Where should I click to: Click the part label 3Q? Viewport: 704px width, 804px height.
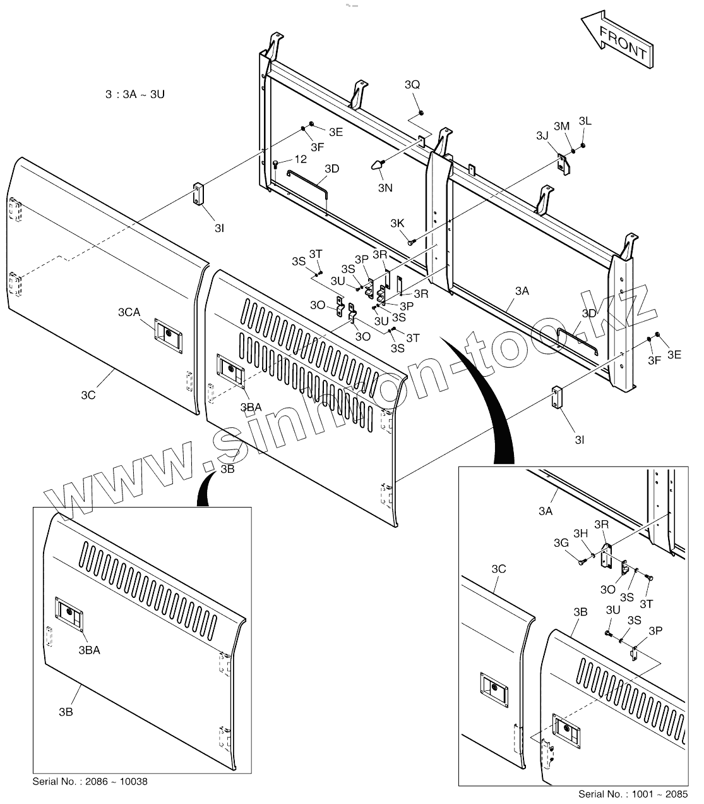(x=412, y=85)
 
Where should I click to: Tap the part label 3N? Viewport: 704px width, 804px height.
(x=386, y=188)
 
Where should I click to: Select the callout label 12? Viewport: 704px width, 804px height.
(x=300, y=159)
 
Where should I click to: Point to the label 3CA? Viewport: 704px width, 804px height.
(x=129, y=312)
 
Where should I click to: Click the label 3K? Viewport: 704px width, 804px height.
(x=397, y=223)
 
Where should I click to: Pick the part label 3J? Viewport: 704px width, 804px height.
(x=542, y=135)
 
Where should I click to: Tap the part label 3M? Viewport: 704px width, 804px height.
(x=562, y=126)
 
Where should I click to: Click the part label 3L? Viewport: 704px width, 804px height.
(x=585, y=121)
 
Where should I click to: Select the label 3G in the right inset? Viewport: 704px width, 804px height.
(x=561, y=542)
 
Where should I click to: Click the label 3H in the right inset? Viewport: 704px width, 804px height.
(x=580, y=533)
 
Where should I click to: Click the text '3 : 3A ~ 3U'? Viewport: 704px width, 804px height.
(x=135, y=95)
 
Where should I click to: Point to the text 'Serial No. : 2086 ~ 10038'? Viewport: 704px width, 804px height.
(x=90, y=782)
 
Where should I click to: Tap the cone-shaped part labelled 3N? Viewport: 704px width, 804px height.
(x=376, y=166)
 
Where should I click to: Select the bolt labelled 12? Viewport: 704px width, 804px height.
(x=276, y=164)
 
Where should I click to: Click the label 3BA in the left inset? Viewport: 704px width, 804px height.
(x=90, y=649)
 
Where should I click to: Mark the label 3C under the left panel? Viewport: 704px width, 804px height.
(x=88, y=395)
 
